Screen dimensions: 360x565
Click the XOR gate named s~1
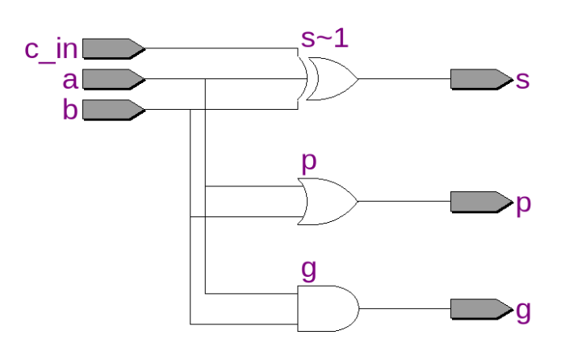coord(329,79)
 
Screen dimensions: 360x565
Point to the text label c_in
coord(51,49)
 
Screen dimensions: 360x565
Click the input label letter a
coord(70,80)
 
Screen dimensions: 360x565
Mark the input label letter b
coord(70,109)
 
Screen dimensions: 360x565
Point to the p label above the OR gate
coord(308,162)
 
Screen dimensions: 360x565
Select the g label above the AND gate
coord(308,270)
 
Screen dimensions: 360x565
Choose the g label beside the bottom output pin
coord(523,311)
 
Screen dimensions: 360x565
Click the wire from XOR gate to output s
coord(404,79)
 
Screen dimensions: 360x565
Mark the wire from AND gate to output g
coord(404,308)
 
